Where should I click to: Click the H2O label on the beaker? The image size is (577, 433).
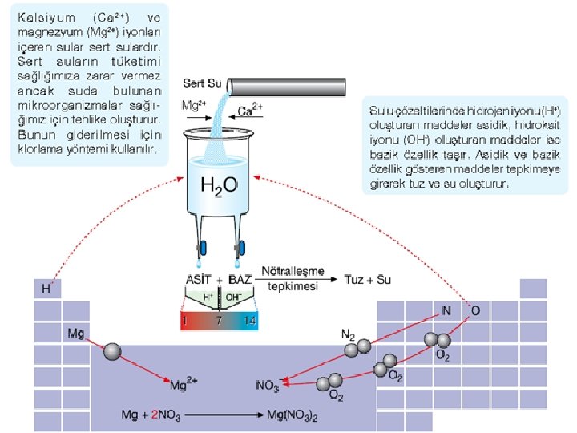point(218,187)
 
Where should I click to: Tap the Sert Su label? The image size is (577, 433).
point(201,83)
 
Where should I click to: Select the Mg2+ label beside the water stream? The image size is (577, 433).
point(194,105)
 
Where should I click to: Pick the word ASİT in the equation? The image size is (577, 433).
point(199,280)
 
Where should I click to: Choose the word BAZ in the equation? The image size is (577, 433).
point(240,280)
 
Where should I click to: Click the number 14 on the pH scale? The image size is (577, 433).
point(250,320)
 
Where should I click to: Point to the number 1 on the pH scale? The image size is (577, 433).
point(184,320)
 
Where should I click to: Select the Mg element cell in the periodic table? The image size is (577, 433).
point(76,332)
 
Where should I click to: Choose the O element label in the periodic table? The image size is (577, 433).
point(475,310)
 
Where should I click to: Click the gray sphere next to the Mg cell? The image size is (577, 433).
point(113,351)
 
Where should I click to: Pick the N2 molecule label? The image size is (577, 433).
point(348,334)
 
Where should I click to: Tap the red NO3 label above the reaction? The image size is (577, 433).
point(267,386)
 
